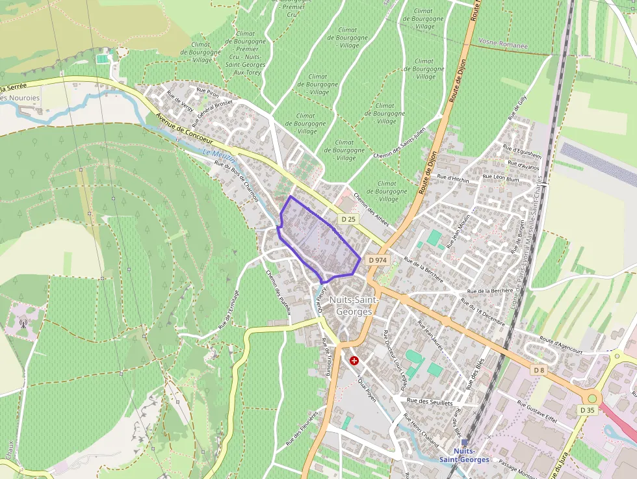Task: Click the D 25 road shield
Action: coord(348,220)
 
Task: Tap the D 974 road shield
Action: coord(377,260)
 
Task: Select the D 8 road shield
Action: coord(538,370)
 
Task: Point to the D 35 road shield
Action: coord(587,410)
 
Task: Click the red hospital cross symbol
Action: coord(354,360)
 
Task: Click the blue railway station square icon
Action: coord(464,443)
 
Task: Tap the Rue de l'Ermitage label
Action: coord(229,309)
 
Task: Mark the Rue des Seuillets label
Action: coord(430,402)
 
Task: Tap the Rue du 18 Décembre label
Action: coord(483,311)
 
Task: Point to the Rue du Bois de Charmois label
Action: coord(237,180)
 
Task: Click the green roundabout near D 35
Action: coord(591,398)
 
